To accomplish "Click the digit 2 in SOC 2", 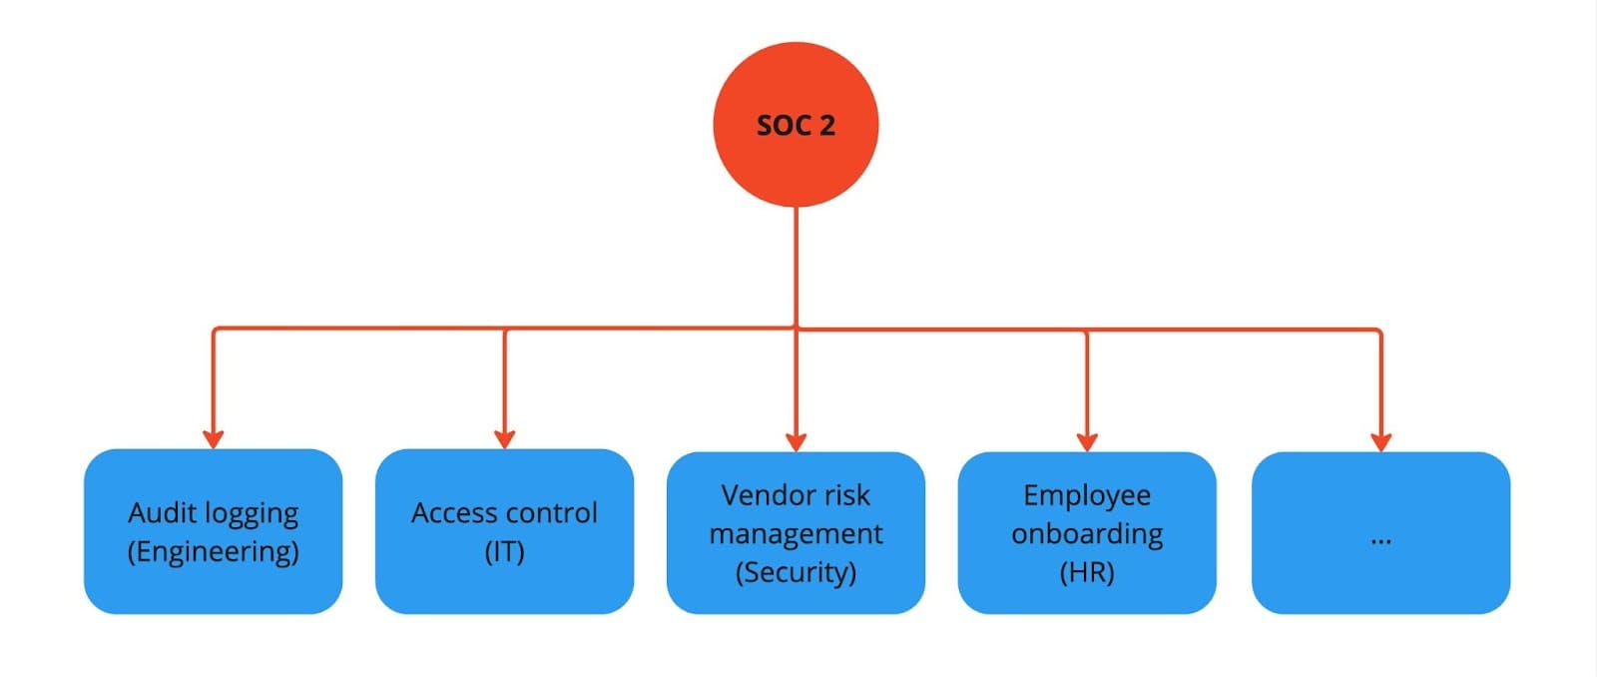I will click(826, 126).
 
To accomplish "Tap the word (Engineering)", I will click(213, 552).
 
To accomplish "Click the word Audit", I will click(163, 512).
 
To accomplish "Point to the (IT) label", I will click(504, 552).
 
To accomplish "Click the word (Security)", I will click(796, 572).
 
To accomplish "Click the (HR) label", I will click(1087, 572).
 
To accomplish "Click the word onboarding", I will click(1087, 534).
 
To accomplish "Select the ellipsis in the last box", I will click(1380, 540).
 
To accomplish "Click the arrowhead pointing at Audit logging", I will click(213, 438).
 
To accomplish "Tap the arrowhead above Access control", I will click(504, 438).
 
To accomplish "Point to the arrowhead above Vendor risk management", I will click(796, 441).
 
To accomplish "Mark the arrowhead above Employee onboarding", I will click(1087, 441).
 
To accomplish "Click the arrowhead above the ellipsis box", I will click(1380, 441).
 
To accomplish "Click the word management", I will click(796, 534).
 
